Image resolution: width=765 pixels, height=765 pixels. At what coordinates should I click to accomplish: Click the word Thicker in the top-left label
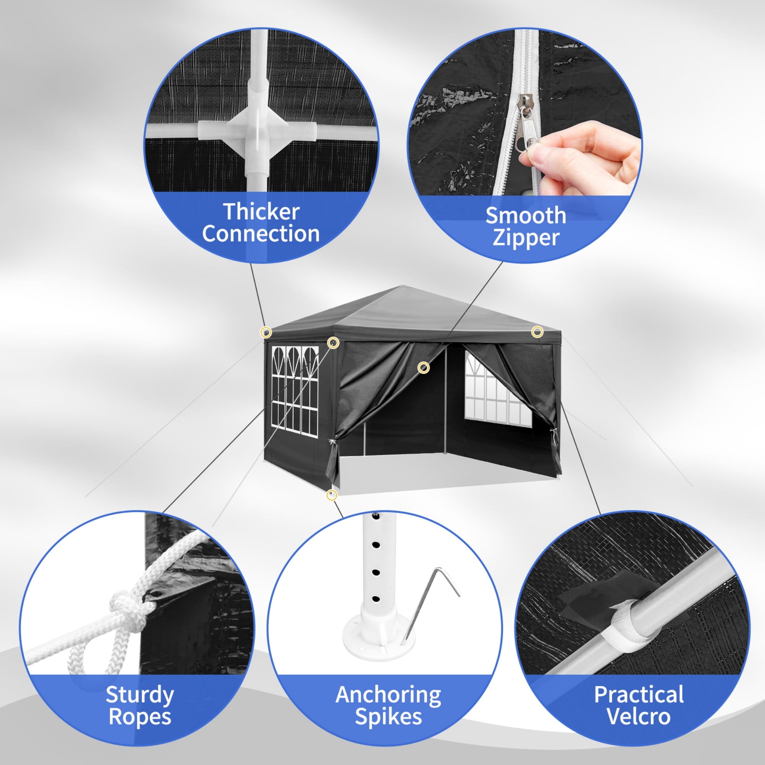[261, 212]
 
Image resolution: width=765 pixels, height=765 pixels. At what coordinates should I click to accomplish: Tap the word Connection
[261, 234]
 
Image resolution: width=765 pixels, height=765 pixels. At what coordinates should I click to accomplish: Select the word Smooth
[526, 216]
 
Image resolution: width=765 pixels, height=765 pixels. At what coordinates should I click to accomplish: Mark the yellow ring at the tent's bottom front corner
[332, 495]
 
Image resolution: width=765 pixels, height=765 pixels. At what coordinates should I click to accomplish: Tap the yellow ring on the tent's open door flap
[424, 368]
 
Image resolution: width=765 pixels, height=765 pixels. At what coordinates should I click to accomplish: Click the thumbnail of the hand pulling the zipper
[525, 145]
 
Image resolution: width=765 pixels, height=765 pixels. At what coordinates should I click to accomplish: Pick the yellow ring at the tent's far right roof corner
[537, 332]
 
